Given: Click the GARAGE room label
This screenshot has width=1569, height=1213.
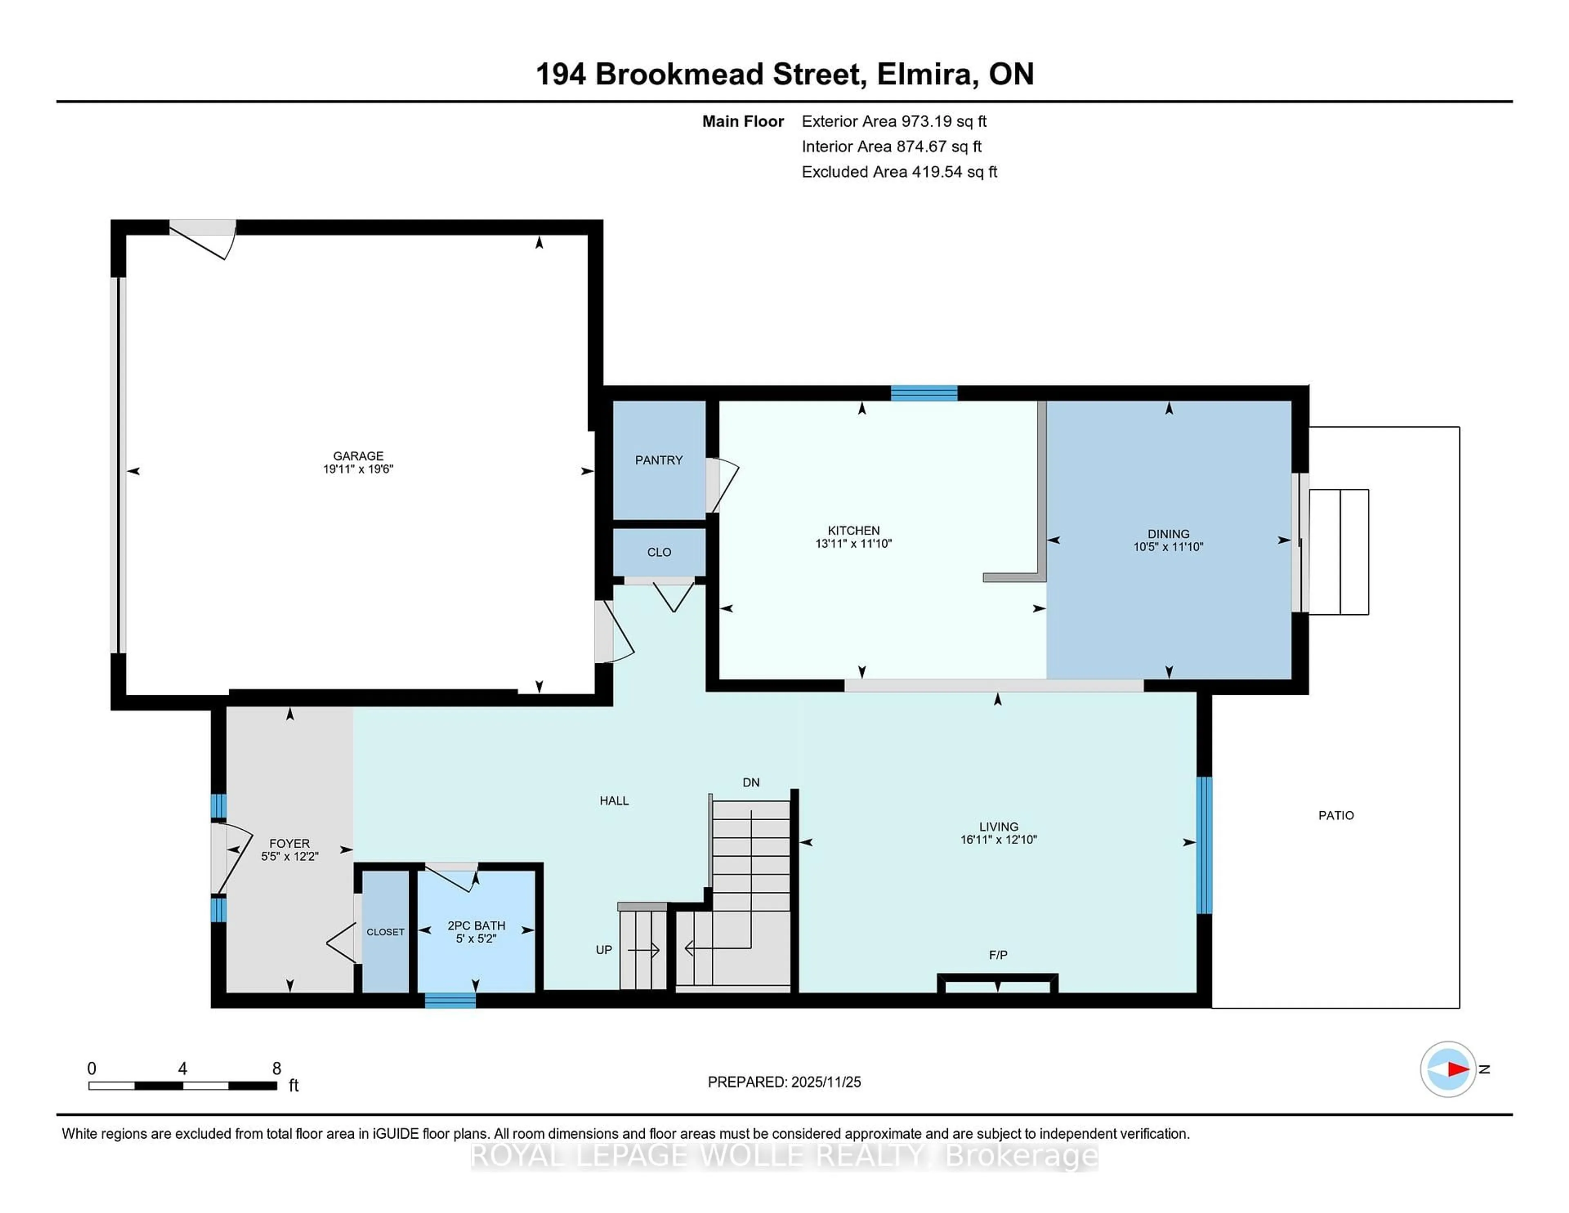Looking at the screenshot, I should tap(358, 456).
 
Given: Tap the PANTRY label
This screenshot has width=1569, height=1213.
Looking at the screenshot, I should tap(658, 460).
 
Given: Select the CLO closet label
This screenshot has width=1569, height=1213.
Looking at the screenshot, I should tap(658, 552).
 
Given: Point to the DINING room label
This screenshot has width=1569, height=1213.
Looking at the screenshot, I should tap(1168, 533).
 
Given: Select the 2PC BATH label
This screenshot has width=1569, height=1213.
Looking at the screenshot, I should tap(476, 926).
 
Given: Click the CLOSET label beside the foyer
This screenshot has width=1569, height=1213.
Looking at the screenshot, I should tap(385, 932).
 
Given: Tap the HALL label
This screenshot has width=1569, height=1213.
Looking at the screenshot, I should tap(614, 801).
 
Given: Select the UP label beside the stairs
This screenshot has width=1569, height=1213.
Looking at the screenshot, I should tap(603, 949).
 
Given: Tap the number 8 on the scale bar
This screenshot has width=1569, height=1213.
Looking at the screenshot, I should tap(277, 1069).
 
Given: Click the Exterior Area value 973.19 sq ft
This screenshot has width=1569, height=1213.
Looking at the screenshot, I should tap(944, 121).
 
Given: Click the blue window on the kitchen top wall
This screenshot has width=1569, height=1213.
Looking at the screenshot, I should tap(924, 393).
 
